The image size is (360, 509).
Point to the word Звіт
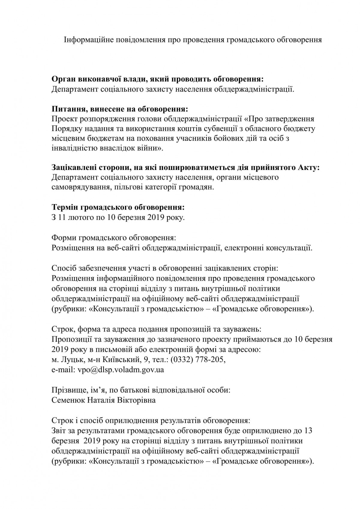(59, 431)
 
